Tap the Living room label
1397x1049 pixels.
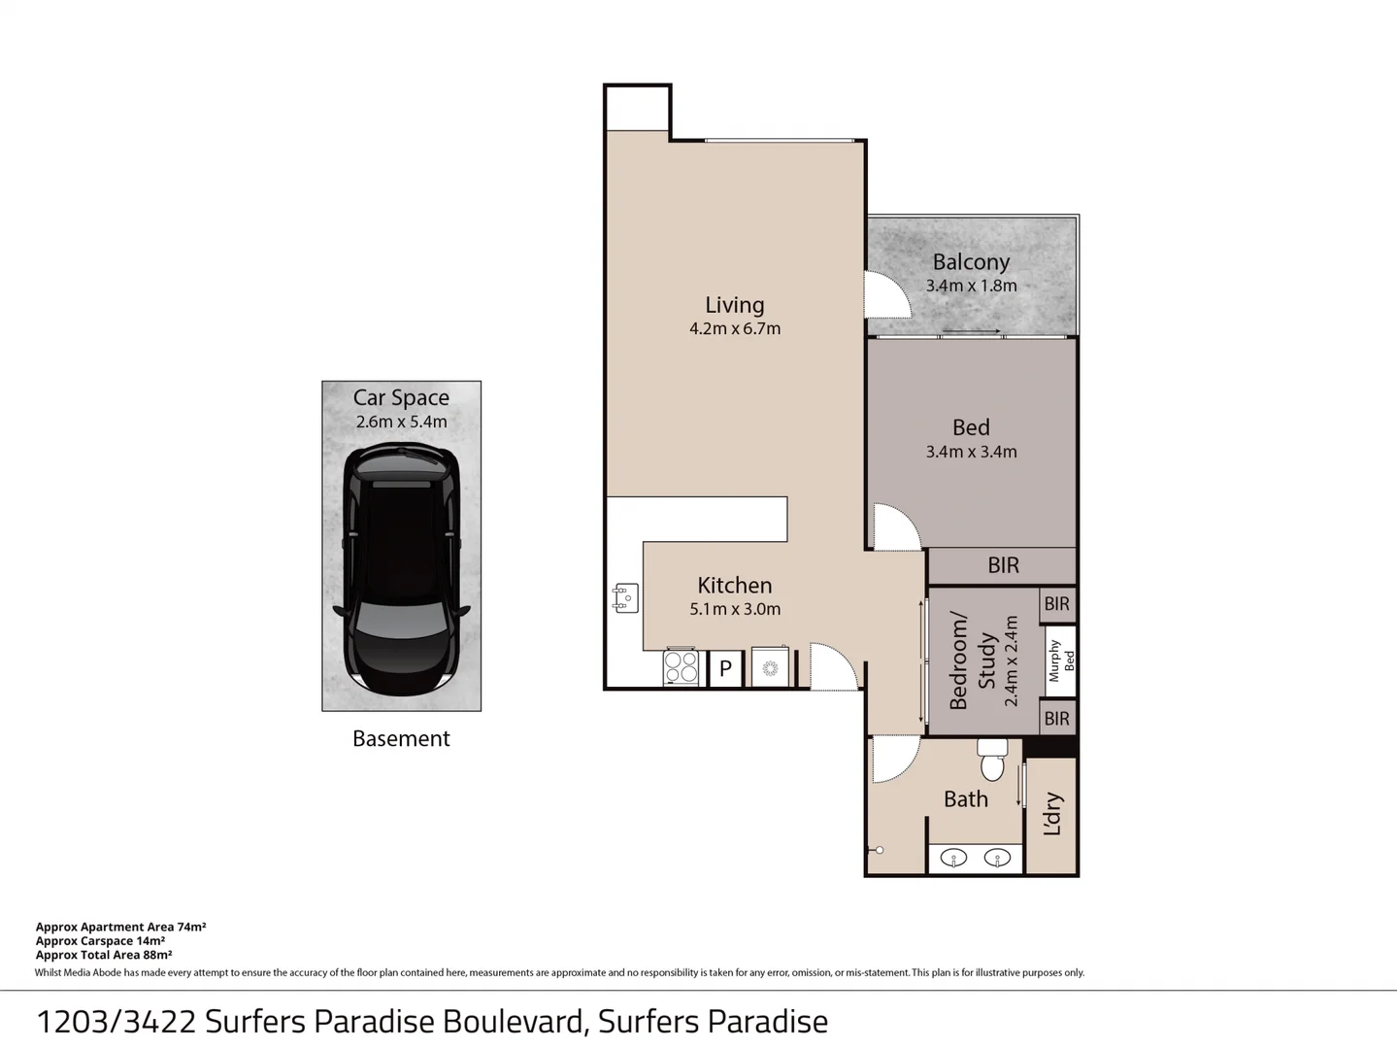(x=735, y=305)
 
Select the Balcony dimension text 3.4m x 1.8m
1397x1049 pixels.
(x=971, y=286)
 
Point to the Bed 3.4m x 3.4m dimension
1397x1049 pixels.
(x=971, y=452)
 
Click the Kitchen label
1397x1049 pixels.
(x=735, y=586)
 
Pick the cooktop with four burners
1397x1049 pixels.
(x=682, y=667)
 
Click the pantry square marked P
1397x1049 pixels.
(x=725, y=668)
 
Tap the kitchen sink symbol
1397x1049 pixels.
(x=625, y=598)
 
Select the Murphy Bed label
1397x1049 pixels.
(x=1060, y=660)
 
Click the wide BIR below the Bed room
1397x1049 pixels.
(x=1003, y=565)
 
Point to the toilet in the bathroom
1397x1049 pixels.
(x=992, y=760)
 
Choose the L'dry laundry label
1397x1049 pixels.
(x=1052, y=814)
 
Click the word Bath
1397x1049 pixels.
(x=966, y=799)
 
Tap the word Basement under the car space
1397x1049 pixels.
(x=401, y=739)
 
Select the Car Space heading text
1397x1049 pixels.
(x=401, y=397)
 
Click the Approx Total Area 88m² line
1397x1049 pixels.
(x=104, y=955)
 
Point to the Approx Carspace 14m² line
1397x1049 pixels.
(x=100, y=941)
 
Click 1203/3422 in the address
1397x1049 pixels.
(x=116, y=1022)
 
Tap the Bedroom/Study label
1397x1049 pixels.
(x=973, y=660)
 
